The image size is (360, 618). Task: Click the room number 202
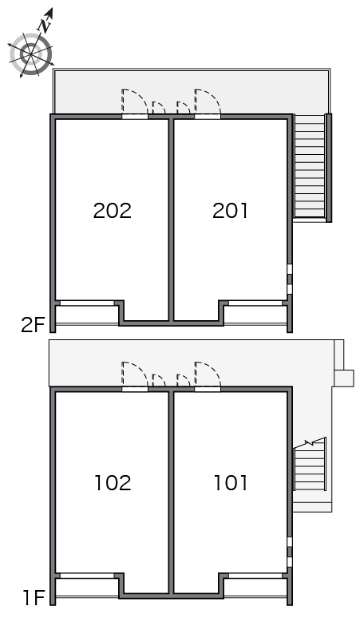point(113,211)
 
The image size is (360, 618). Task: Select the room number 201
point(231,211)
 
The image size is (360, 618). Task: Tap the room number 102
point(113,483)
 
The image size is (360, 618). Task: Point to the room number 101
point(231,483)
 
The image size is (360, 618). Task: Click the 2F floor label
point(33,325)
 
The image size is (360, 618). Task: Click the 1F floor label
point(34,598)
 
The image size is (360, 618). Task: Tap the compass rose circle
point(30,54)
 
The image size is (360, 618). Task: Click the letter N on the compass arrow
point(45,26)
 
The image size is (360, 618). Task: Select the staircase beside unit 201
point(310,166)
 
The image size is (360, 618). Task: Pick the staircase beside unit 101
point(311,464)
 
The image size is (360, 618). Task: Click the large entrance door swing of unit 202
point(135,103)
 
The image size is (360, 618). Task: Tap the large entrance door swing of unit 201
point(208,103)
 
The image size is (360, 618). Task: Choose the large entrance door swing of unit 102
point(135,375)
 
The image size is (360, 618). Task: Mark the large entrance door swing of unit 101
point(208,375)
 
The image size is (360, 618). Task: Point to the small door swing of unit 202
point(159,108)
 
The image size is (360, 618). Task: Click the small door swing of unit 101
point(184,381)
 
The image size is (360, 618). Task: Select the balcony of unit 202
point(87,314)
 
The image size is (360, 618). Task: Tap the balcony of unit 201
point(255,314)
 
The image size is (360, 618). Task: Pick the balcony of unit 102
point(87,587)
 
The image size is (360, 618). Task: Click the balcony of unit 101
point(255,587)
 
